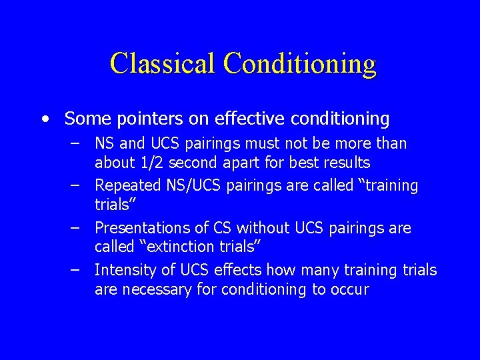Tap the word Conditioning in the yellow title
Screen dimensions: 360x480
[x=300, y=63]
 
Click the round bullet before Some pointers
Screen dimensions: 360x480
[x=44, y=119]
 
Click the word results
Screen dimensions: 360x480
[x=346, y=163]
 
